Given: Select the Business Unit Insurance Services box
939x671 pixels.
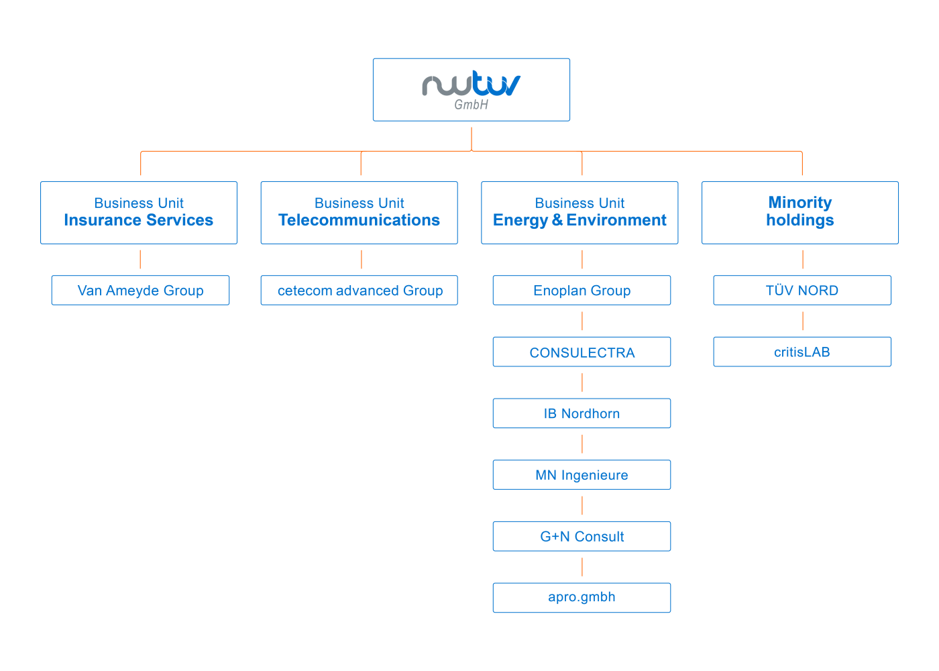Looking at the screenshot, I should pyautogui.click(x=139, y=212).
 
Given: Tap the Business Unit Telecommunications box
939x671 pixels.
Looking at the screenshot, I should pyautogui.click(x=359, y=212).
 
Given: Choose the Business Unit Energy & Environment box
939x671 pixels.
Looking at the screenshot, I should pyautogui.click(x=579, y=212).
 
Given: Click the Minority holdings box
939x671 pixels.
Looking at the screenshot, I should pyautogui.click(x=799, y=212).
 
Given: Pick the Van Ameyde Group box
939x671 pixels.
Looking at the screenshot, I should pyautogui.click(x=140, y=291).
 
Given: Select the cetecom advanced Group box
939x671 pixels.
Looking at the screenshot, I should pyautogui.click(x=359, y=291).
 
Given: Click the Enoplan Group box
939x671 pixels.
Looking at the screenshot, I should pyautogui.click(x=582, y=291).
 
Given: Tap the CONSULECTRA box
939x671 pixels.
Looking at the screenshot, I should pyautogui.click(x=582, y=352).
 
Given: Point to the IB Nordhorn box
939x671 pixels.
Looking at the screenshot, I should pyautogui.click(x=582, y=413).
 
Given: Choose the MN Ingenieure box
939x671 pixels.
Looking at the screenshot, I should pyautogui.click(x=582, y=475).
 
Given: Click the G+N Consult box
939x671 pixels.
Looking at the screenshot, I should pyautogui.click(x=582, y=536).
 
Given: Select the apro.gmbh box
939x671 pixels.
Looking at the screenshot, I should pyautogui.click(x=582, y=597).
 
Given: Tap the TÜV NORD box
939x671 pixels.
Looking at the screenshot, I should pyautogui.click(x=802, y=291).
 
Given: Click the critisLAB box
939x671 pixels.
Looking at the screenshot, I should pyautogui.click(x=802, y=352).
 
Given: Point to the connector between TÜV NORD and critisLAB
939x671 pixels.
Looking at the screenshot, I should pyautogui.click(x=803, y=321).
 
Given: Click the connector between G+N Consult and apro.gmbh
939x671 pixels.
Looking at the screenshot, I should pyautogui.click(x=582, y=567).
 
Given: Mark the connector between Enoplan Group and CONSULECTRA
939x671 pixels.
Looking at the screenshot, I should pyautogui.click(x=582, y=321).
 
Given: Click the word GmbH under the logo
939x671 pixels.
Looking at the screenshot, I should pyautogui.click(x=471, y=105).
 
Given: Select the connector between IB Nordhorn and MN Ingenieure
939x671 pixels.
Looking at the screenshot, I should pyautogui.click(x=582, y=444).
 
